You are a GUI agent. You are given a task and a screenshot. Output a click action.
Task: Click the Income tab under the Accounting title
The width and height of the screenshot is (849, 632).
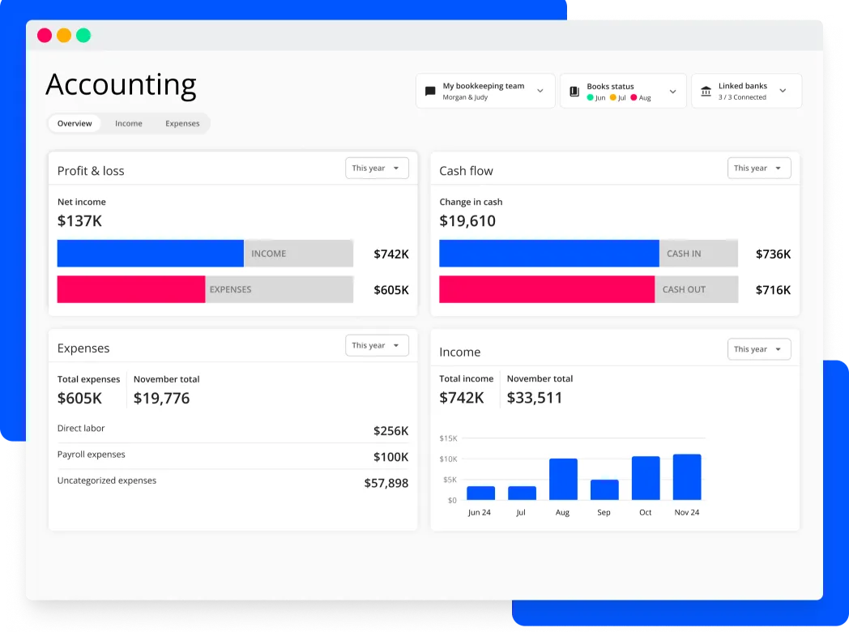(128, 124)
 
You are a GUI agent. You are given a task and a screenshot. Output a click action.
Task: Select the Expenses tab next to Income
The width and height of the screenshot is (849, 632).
(182, 124)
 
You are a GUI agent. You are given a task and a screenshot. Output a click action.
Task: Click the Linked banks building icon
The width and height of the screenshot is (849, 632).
(706, 92)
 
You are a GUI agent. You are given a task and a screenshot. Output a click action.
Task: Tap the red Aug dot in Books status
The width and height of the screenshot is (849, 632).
(634, 98)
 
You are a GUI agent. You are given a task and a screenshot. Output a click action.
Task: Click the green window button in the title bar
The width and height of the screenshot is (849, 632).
(83, 36)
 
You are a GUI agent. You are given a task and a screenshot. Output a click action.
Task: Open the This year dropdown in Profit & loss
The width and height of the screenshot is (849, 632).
(377, 169)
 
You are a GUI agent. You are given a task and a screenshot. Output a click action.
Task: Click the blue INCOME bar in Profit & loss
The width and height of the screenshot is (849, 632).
(150, 254)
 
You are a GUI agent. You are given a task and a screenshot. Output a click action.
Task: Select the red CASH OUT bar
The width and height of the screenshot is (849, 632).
(547, 289)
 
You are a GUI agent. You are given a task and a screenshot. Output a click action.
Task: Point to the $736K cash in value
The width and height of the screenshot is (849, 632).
(773, 254)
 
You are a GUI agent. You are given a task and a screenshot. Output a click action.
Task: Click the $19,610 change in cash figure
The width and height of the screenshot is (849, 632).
(467, 221)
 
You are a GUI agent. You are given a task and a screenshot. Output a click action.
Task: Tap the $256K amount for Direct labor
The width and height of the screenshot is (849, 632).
(390, 431)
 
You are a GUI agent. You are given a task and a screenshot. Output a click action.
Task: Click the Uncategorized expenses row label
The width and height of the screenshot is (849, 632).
(106, 480)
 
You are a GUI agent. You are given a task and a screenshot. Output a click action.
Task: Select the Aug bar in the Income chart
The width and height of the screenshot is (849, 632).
(563, 479)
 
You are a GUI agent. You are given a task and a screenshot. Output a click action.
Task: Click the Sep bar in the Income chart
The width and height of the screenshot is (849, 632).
(604, 489)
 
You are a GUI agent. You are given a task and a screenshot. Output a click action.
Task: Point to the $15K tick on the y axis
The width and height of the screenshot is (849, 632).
(448, 438)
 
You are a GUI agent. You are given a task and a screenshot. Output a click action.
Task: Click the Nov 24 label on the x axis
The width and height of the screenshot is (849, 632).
(686, 512)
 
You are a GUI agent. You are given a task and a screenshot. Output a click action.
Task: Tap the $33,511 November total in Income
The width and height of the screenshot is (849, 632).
(534, 398)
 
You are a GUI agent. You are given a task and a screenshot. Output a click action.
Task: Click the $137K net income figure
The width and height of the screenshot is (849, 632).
(79, 221)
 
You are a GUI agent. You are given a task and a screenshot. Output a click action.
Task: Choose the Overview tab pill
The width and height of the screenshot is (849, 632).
(75, 124)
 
